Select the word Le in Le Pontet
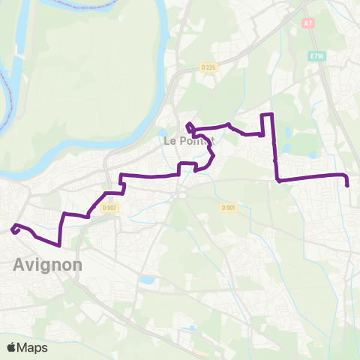[x=169, y=140]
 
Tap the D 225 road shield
[x=209, y=68]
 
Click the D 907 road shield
[x=110, y=208]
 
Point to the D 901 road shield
[x=229, y=208]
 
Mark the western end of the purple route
[x=13, y=229]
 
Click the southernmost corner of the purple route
[x=59, y=244]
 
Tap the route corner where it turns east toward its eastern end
[x=278, y=180]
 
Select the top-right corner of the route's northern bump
[x=273, y=114]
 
